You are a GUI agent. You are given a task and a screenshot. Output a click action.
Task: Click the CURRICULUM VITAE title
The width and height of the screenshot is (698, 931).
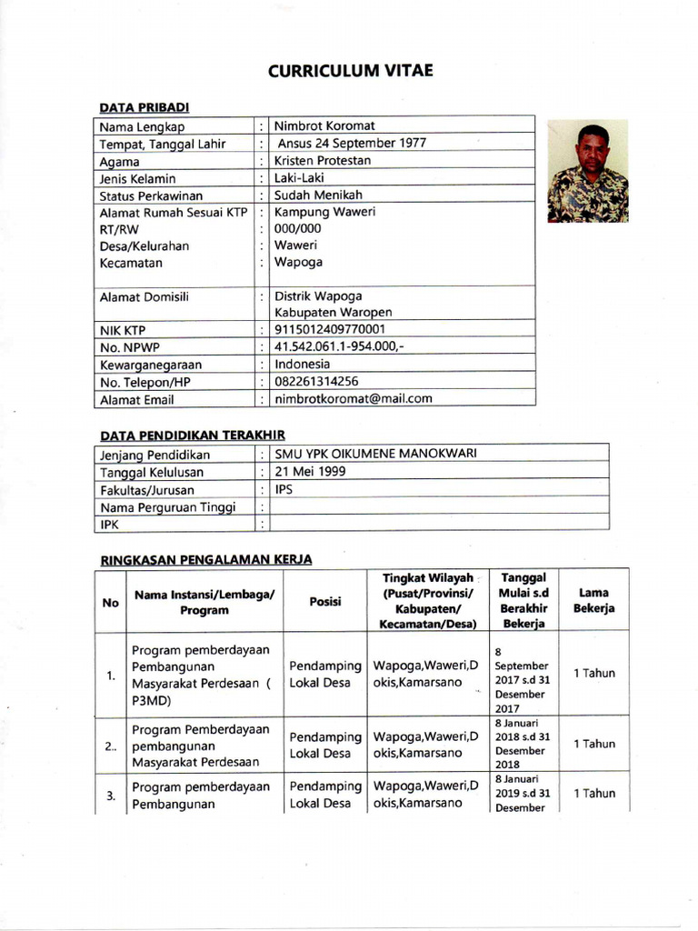pyautogui.click(x=350, y=72)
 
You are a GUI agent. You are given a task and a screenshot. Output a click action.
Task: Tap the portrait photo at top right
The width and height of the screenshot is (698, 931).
pyautogui.click(x=587, y=172)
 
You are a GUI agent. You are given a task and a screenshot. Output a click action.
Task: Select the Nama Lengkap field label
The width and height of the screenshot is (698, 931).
pyautogui.click(x=142, y=126)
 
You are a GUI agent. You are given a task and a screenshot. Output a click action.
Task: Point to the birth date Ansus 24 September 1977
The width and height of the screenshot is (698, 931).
pyautogui.click(x=351, y=143)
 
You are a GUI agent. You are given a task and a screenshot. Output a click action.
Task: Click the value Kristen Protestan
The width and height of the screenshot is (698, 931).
pyautogui.click(x=323, y=160)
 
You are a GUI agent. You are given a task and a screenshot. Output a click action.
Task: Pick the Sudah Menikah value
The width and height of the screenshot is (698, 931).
pyautogui.click(x=318, y=195)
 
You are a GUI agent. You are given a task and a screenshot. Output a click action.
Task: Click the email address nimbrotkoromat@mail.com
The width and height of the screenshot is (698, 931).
pyautogui.click(x=353, y=398)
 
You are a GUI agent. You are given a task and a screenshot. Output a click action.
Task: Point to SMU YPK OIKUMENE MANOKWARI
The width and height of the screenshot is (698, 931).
pyautogui.click(x=375, y=454)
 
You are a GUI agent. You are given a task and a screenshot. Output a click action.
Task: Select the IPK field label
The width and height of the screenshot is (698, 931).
pyautogui.click(x=110, y=525)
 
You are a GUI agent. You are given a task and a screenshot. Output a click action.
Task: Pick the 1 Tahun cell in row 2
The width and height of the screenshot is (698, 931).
pyautogui.click(x=593, y=744)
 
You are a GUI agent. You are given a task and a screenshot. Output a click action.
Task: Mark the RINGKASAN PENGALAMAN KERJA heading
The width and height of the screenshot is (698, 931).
pyautogui.click(x=205, y=559)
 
